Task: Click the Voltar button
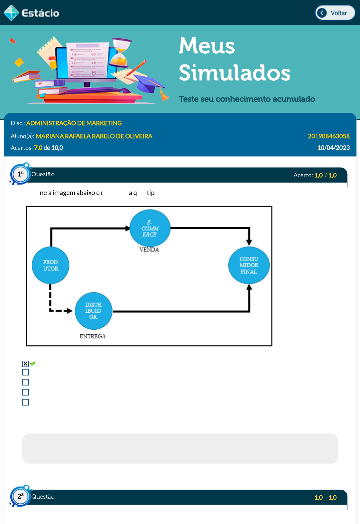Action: pos(335,13)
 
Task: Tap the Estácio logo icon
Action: pos(11,13)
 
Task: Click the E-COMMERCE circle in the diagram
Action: pos(150,228)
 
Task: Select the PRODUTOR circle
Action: pos(50,265)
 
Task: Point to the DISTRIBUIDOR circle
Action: pos(93,311)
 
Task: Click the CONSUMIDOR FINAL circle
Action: pos(249,265)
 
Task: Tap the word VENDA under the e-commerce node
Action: pos(149,250)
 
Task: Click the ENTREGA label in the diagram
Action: pos(93,336)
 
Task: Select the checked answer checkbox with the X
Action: pos(25,364)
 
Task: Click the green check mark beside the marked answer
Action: pos(33,364)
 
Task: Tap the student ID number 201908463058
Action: pos(328,136)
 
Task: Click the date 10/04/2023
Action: pos(333,148)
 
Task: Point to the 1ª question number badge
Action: pos(20,174)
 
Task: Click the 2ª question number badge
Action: pos(20,496)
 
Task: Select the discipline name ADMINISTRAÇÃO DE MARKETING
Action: pos(74,123)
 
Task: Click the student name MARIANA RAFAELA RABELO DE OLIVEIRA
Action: pos(94,136)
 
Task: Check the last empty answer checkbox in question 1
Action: pos(25,402)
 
